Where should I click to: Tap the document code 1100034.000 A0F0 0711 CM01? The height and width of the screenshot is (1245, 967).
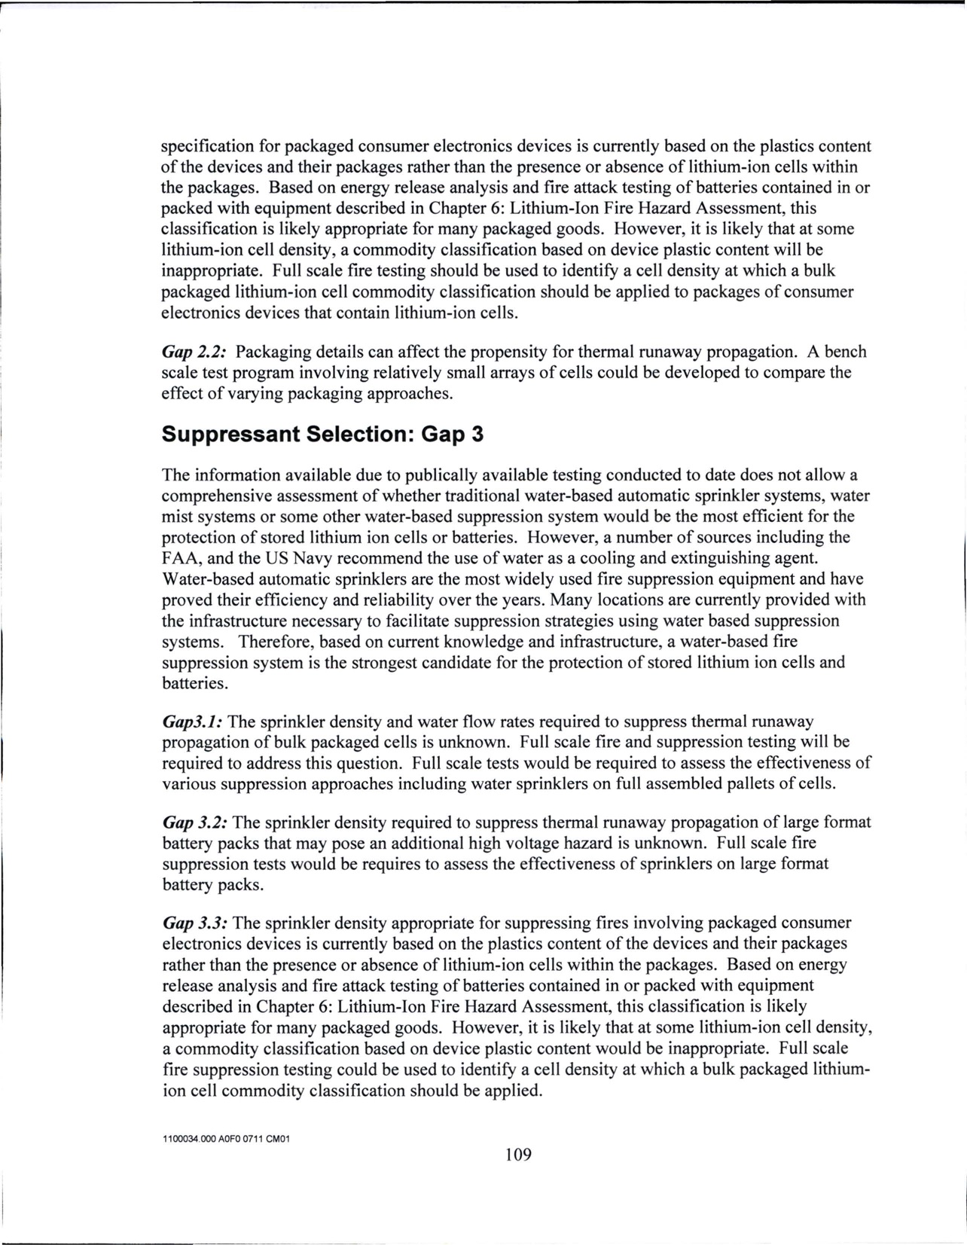pyautogui.click(x=226, y=1140)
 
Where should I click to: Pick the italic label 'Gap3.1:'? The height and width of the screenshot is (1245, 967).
pyautogui.click(x=192, y=722)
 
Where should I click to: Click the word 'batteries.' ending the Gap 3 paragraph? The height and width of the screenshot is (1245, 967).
pyautogui.click(x=194, y=684)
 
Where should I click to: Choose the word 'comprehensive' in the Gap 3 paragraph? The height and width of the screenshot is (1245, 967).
pyautogui.click(x=217, y=496)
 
